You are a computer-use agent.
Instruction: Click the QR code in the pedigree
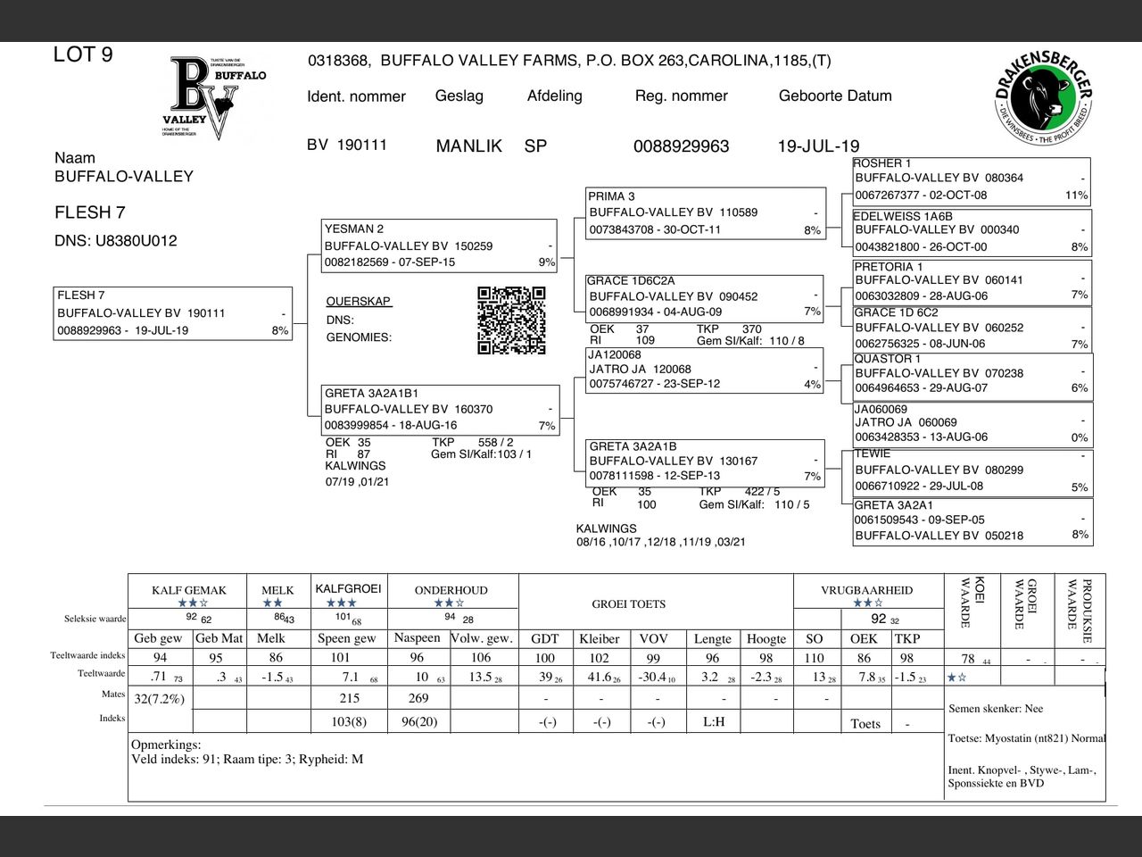511,320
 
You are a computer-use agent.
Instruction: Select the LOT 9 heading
83,54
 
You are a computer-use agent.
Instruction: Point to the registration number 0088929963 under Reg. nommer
681,146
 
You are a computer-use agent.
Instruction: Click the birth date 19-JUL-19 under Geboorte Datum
818,146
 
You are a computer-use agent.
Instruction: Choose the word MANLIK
468,146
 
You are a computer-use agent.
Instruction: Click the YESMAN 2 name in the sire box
354,229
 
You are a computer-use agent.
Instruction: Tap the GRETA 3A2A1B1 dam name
371,393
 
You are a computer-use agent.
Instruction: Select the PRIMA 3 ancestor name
612,196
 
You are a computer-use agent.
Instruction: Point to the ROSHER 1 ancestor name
882,163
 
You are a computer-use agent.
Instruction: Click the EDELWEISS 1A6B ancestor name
903,216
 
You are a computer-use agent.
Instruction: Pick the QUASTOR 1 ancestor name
888,359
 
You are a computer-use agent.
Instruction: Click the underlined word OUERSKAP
359,302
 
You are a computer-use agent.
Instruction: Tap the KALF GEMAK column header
189,590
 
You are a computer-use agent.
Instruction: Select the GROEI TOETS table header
628,604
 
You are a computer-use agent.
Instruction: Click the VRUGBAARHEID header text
866,590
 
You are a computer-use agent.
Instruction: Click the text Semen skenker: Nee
996,709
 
